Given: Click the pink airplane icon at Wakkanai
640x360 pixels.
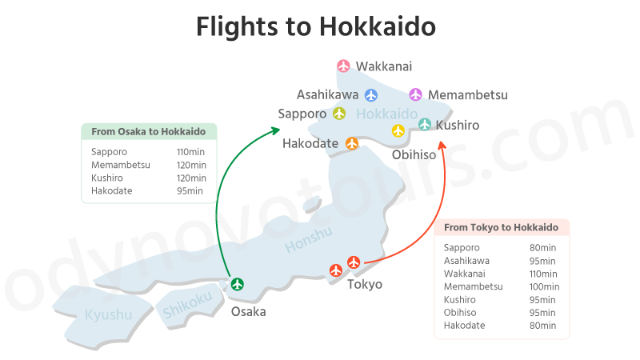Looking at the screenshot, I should click(x=344, y=66).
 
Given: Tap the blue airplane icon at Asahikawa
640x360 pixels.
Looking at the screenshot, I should click(x=371, y=95).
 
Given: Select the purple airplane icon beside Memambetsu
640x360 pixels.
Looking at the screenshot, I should click(x=415, y=94).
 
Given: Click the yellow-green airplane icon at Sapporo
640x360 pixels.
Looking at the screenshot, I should click(x=339, y=114).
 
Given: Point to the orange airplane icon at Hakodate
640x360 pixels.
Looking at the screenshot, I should click(x=352, y=143).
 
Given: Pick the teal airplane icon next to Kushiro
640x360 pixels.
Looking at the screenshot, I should click(x=425, y=124).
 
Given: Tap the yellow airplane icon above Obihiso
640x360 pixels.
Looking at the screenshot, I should click(x=398, y=131).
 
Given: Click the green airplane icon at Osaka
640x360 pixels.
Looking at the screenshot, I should click(x=237, y=283).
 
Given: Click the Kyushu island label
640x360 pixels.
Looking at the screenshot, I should click(x=108, y=314).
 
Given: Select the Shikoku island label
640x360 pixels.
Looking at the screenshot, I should click(x=187, y=302).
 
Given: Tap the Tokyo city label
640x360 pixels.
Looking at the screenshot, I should click(x=364, y=284).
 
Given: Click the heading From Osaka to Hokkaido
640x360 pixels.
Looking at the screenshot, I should click(x=149, y=131).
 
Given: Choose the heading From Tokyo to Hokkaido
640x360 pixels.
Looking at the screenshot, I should click(x=502, y=227).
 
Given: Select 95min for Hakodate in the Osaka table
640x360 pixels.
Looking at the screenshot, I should click(x=190, y=190).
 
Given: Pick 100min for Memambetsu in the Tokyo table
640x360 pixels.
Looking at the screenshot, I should click(x=544, y=286).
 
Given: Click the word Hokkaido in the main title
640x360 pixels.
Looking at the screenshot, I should click(x=378, y=26).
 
